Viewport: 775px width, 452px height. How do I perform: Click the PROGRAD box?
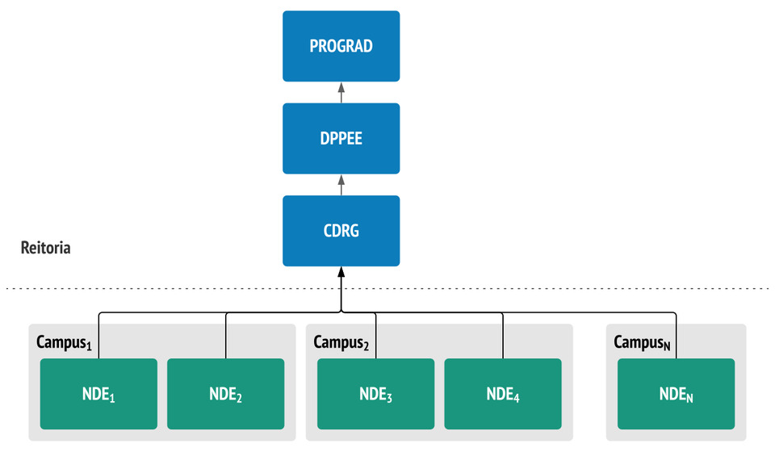[341, 46]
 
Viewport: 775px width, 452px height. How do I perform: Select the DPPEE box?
[341, 138]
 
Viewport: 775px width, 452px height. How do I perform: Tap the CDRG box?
[341, 231]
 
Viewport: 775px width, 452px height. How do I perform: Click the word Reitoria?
[45, 248]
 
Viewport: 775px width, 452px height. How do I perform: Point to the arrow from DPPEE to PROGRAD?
[341, 92]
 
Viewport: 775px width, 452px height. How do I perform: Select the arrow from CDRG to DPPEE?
[341, 185]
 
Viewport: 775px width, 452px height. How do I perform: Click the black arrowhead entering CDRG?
[341, 272]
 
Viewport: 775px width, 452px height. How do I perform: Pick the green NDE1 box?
[98, 394]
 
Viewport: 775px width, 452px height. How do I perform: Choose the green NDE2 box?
[226, 394]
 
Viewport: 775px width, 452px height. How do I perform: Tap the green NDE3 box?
[375, 394]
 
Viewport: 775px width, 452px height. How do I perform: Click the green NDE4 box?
[503, 394]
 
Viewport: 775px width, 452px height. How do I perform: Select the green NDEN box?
[677, 394]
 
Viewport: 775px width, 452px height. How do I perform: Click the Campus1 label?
[65, 342]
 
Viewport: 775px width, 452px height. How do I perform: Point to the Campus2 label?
[341, 342]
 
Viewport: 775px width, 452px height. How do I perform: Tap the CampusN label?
[642, 342]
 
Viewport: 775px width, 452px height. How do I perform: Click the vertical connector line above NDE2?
[226, 336]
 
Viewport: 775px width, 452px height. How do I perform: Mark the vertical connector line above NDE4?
[503, 336]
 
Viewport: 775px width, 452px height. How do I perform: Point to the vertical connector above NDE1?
[98, 336]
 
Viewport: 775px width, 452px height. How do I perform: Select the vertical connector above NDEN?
[677, 336]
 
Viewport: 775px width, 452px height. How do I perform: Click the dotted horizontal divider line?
[387, 288]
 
